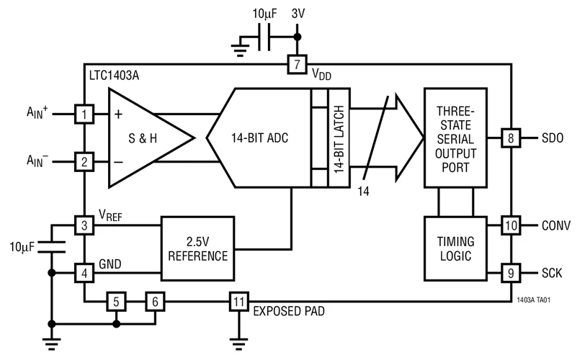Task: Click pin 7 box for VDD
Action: [297, 64]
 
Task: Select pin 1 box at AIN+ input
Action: [84, 114]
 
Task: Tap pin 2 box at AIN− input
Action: [84, 162]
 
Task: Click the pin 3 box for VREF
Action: [84, 225]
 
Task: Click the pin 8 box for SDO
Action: [510, 137]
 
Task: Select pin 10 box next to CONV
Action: [510, 225]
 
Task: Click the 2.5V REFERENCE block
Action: [198, 248]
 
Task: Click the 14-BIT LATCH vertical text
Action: [337, 137]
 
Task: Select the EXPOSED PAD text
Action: [288, 312]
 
